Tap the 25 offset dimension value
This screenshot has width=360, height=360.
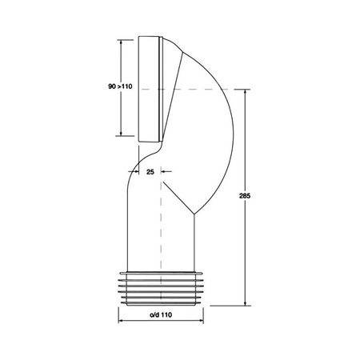(150, 170)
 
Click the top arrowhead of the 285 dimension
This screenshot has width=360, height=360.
(245, 92)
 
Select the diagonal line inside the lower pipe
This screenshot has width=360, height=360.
(178, 196)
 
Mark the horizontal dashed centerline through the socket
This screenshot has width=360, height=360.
(200, 89)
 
